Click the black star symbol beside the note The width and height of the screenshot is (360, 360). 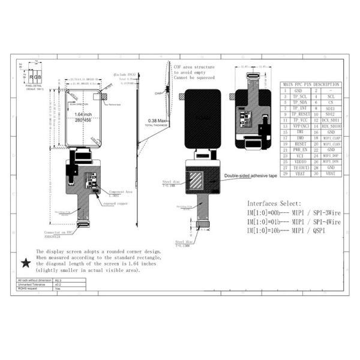coord(26,263)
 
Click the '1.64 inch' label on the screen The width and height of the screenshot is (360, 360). coord(83,114)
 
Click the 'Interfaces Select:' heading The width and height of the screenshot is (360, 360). coord(274,203)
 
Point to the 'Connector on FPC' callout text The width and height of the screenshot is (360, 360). coord(58,232)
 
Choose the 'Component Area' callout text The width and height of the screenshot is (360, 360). coord(120,192)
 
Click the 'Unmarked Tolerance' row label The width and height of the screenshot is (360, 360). coord(34,284)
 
